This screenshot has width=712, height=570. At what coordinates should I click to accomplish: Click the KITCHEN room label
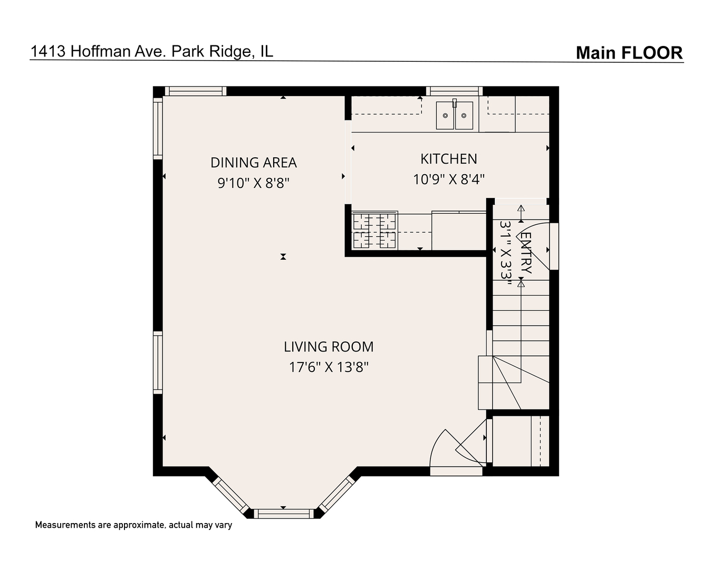[448, 159]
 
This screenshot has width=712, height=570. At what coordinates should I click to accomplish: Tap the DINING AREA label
[254, 163]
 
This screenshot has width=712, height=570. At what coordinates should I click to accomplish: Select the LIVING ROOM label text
[329, 347]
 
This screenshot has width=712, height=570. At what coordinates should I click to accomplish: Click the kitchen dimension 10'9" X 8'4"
[448, 179]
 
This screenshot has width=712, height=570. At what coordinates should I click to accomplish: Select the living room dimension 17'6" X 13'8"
[328, 367]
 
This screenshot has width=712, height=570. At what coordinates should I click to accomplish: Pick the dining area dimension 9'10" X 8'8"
[254, 183]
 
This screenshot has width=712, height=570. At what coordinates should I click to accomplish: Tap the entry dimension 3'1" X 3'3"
[506, 253]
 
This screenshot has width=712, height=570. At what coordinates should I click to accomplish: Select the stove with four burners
[374, 230]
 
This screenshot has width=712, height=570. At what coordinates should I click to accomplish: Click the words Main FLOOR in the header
[629, 53]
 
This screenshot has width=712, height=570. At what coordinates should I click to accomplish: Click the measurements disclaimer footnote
[133, 525]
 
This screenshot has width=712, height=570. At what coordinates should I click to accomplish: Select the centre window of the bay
[284, 514]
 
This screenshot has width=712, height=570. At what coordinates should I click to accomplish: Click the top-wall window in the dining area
[195, 91]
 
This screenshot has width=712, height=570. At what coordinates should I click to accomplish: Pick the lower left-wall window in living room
[158, 362]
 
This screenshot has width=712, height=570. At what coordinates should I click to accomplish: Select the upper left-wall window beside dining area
[158, 127]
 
